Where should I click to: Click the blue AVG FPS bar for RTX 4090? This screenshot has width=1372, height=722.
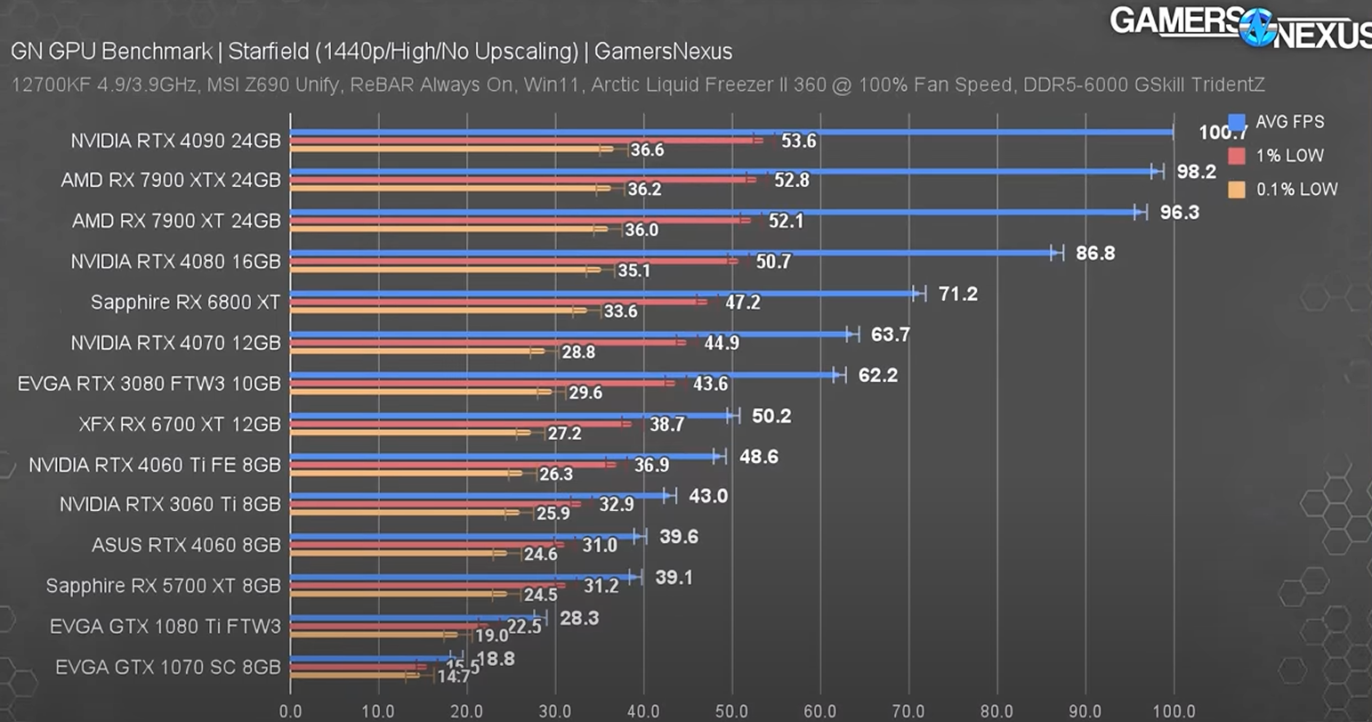tap(730, 132)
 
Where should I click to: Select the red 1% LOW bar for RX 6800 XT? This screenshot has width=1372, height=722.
tap(498, 302)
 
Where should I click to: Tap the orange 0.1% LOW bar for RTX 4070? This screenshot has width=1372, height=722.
tap(418, 352)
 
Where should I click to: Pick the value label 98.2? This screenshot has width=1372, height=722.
tap(1196, 172)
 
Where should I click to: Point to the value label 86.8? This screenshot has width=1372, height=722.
tap(1094, 253)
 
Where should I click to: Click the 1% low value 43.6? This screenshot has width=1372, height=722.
tap(710, 384)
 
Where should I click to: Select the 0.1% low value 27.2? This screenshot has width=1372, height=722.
tap(564, 434)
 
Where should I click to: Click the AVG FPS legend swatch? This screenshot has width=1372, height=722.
tap(1236, 122)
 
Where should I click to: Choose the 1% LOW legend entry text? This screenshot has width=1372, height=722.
tap(1289, 156)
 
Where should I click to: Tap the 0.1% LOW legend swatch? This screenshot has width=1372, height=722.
tap(1236, 189)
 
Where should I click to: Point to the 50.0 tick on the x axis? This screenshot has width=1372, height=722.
tap(731, 711)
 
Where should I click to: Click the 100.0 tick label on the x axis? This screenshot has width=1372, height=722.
tap(1173, 711)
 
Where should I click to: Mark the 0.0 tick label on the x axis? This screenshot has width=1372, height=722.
tap(290, 711)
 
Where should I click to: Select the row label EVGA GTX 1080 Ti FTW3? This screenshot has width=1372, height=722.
tap(165, 627)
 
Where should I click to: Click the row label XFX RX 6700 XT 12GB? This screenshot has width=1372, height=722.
tap(179, 425)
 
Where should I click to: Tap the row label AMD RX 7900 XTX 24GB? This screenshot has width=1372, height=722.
tap(170, 181)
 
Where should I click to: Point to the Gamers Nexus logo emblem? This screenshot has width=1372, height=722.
tap(1258, 27)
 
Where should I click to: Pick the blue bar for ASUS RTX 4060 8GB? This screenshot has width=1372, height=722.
tap(463, 536)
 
